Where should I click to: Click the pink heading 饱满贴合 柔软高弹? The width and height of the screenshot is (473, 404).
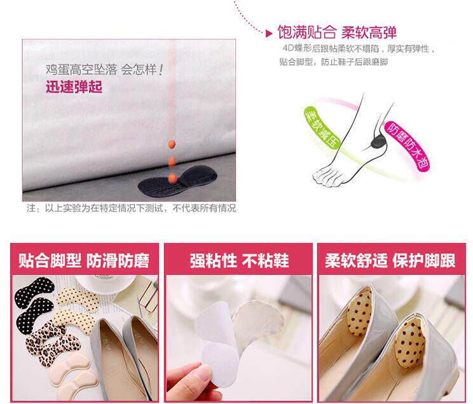pos(337,32)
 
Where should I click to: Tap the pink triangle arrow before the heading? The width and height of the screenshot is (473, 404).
pos(269,34)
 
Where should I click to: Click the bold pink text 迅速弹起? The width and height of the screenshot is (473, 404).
pos(74,87)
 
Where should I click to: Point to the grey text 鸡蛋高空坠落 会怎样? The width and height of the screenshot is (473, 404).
pos(104,70)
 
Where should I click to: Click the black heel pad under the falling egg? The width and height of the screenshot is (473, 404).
pos(177,181)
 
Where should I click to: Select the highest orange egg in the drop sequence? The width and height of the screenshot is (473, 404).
pos(172,144)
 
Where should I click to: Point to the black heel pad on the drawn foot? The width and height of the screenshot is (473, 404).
pos(378,141)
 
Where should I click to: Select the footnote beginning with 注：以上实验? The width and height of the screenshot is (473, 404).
pos(132,208)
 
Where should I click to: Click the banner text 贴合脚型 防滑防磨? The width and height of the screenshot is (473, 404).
pos(84,261)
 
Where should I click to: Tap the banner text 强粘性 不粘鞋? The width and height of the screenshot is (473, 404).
pos(239,261)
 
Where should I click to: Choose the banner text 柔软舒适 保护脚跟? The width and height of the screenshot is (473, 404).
pos(390,261)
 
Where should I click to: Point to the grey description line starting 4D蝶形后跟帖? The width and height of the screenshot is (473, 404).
pos(359,48)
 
